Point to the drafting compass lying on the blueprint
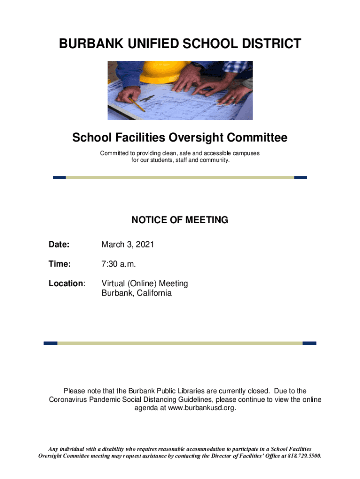click(x=147, y=99)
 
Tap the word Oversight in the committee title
click(x=196, y=138)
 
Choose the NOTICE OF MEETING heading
click(x=180, y=220)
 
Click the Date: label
click(x=59, y=245)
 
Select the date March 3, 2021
click(x=128, y=245)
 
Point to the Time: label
click(x=60, y=264)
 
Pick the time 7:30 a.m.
click(x=119, y=264)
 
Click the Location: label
click(x=67, y=283)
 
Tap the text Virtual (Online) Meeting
click(x=144, y=283)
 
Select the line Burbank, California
click(x=137, y=293)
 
